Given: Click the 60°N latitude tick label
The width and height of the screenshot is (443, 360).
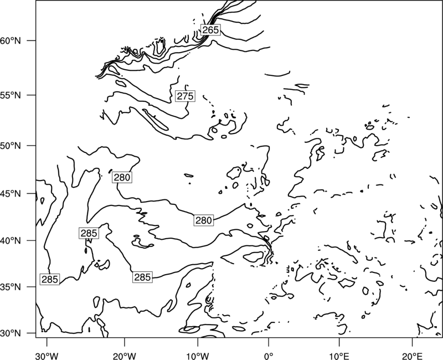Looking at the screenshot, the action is pos(11,40).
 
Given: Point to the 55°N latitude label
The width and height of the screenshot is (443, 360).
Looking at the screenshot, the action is pos(11,95).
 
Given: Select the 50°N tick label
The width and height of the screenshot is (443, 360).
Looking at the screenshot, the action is pos(11,146).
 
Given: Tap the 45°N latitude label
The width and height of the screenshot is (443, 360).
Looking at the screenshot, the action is pos(11,194).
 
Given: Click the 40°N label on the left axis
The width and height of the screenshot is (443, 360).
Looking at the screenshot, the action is pos(11,241).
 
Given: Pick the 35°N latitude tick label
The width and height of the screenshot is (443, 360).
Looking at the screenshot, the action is pos(11,287).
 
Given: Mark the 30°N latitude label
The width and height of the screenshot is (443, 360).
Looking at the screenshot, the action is pos(11,333).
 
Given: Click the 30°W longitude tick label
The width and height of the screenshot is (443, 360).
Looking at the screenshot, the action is pos(47,356).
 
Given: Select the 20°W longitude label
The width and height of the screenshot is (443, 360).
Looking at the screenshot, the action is pos(125,356).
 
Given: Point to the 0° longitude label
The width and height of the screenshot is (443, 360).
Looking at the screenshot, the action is pos(269,356).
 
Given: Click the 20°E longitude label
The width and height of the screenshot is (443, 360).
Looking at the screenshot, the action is pos(413,356).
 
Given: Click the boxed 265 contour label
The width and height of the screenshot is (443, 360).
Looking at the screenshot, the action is pos(210,29).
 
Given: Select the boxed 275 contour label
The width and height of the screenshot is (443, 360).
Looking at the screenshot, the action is pos(185,96).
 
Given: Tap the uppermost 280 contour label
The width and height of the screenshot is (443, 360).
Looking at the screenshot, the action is pos(122,177).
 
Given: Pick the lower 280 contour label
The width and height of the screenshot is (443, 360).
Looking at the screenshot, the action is pos(204,220).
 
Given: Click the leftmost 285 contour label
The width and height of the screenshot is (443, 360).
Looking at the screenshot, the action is pos(50,279).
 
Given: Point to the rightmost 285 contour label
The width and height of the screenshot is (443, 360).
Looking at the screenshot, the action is pos(142,277).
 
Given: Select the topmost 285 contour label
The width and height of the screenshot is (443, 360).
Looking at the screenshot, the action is pos(89,233).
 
